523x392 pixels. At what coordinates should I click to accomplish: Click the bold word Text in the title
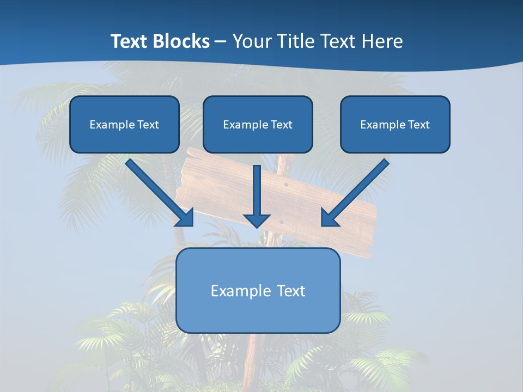point(130,41)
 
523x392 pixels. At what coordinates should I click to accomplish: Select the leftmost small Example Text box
point(124,124)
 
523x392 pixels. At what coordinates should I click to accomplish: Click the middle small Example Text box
point(258,124)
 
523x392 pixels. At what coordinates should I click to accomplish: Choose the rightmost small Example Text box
point(395,124)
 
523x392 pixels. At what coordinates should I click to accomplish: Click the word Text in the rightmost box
point(418,124)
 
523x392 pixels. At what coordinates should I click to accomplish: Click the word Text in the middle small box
point(281,124)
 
